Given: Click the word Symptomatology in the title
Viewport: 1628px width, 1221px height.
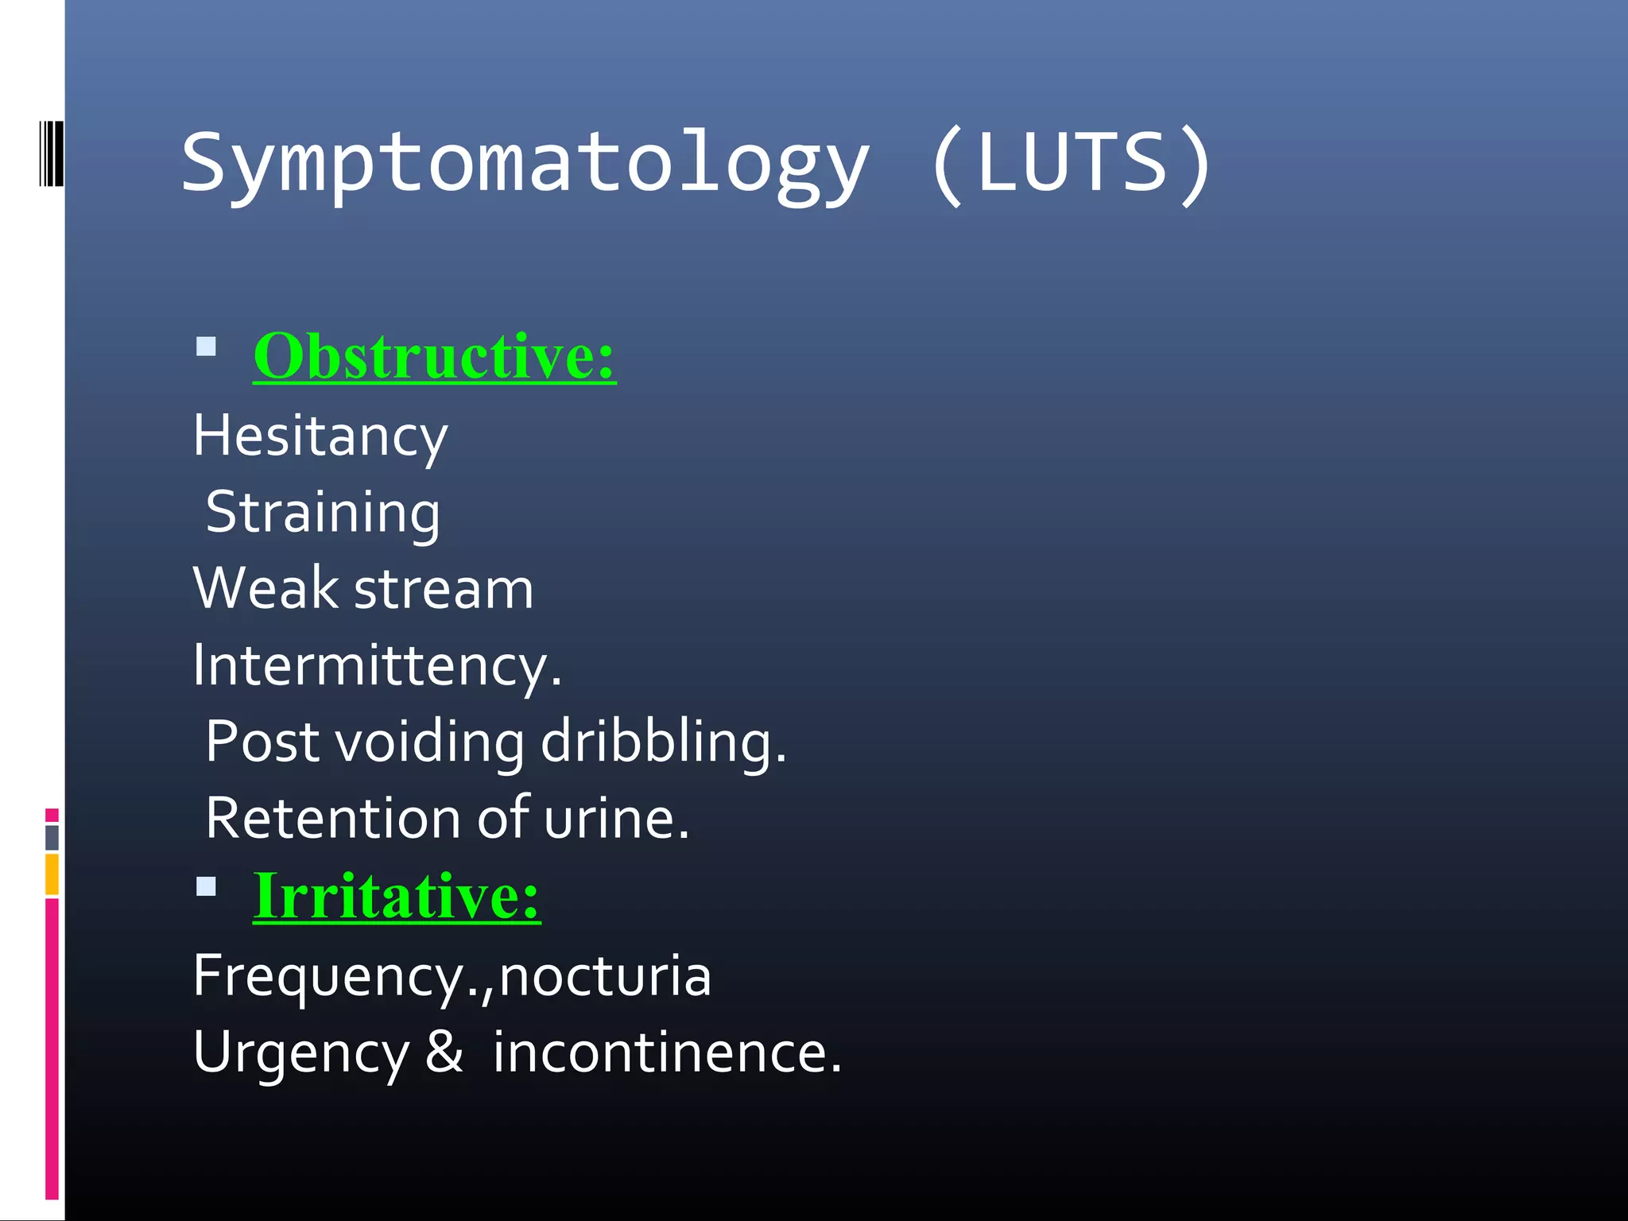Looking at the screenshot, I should [525, 163].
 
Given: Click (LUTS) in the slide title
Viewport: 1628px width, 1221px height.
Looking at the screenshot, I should [1069, 163].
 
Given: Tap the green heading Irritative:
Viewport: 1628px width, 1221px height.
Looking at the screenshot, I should [396, 896].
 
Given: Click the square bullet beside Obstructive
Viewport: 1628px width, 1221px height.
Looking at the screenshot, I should [206, 347].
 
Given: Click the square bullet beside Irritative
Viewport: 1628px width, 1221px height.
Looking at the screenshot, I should [206, 886].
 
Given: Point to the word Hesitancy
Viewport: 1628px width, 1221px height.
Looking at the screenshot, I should [320, 436].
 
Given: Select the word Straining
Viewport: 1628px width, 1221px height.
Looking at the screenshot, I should [322, 513].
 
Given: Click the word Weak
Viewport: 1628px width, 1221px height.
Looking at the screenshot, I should [266, 589].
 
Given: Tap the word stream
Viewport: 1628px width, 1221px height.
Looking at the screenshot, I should [444, 590].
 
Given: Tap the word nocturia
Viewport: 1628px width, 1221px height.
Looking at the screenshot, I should [604, 976].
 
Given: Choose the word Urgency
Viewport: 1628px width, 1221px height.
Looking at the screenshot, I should [300, 1053].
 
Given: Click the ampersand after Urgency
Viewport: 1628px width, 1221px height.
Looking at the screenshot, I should [444, 1051].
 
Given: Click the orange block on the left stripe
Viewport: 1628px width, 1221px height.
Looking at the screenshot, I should [52, 874].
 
